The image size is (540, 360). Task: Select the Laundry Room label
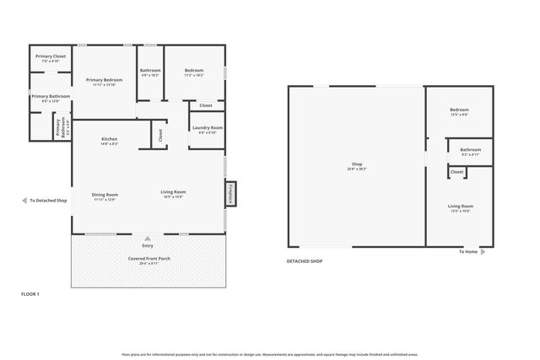[x=208, y=128]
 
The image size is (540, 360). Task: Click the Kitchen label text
[x=109, y=139]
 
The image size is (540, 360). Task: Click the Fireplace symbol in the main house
[x=230, y=193]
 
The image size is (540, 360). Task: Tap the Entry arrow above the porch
[x=148, y=238]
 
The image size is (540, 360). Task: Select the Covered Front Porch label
[x=148, y=258]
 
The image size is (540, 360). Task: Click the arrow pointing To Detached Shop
[x=24, y=201]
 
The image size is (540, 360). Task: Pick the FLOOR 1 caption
[x=30, y=293]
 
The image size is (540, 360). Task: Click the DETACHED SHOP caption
[x=305, y=261]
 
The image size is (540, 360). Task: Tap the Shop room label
[x=356, y=164]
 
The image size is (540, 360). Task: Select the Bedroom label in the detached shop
[x=459, y=110]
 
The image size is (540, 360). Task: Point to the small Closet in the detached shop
[x=456, y=172]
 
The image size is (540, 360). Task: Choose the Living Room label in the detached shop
[x=460, y=207]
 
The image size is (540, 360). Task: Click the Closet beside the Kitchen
[x=159, y=134]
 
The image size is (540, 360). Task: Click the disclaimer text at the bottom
[x=270, y=354]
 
